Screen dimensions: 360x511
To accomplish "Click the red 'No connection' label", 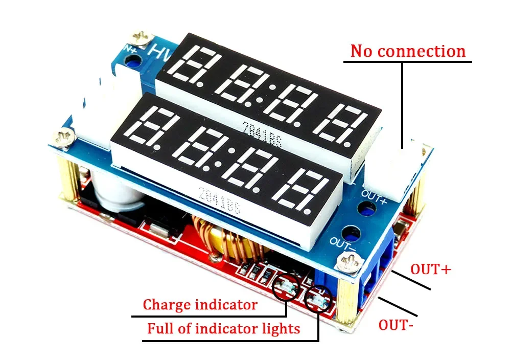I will point(408,51).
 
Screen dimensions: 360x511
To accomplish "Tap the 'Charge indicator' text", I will point(200,305).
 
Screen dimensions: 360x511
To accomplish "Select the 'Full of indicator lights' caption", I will point(223,328).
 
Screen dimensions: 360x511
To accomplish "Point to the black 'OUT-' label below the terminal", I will point(396,325).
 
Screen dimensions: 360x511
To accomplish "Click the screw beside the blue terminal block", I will point(351,264).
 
